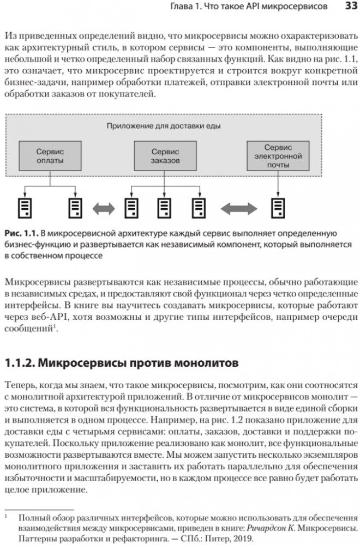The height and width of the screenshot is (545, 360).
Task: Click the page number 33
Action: (x=350, y=7)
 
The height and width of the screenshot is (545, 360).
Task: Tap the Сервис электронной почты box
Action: (x=278, y=156)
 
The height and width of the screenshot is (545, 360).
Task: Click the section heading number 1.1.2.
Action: (x=20, y=362)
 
